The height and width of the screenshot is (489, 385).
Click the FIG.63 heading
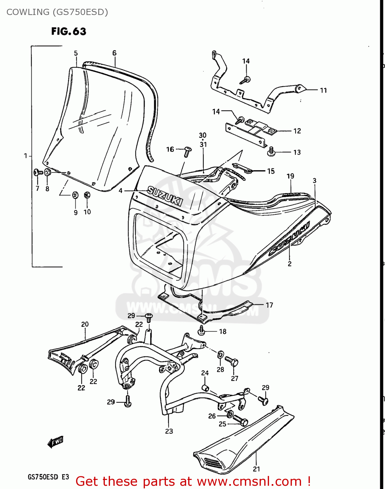point(69,31)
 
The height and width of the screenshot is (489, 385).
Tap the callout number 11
point(323,90)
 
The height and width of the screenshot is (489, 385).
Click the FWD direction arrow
point(56,442)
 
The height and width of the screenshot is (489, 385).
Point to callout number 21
point(256,469)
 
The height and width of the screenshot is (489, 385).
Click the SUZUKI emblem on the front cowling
point(165,196)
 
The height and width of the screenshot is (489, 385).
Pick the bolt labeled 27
point(233,362)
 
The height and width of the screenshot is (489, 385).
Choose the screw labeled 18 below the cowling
point(201,331)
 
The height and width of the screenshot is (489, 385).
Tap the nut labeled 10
point(87,195)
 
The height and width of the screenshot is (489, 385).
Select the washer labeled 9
point(75,195)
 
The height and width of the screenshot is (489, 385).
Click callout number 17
point(269,305)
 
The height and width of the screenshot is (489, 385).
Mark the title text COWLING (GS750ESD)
point(57,12)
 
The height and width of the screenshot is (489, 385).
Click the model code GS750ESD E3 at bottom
point(48,477)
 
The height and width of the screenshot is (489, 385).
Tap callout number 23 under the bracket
point(169,431)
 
